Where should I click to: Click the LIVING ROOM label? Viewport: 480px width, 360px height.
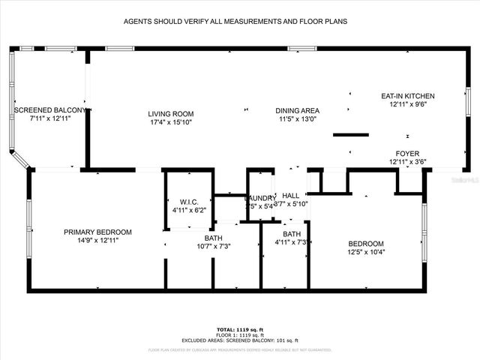pos(167,113)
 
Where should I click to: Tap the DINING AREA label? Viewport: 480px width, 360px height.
pos(298,110)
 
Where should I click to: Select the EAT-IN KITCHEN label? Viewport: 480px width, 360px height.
pos(407,96)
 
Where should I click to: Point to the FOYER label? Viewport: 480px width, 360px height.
pos(407,153)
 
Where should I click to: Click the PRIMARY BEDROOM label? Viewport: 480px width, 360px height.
pos(97,232)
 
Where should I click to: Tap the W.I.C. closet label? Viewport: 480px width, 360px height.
pos(188,202)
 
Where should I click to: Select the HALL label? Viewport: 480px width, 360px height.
pos(291,195)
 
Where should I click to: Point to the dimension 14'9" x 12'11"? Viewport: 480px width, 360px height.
pos(97,240)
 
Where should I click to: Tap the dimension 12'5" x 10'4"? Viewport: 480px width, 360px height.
pos(366,252)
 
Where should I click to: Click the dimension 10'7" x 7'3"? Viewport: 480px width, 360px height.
pos(214,246)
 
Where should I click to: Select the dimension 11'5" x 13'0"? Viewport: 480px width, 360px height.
pos(298,118)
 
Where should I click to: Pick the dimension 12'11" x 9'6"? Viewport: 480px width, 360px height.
pos(407,104)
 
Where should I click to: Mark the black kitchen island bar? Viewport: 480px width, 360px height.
pos(351,135)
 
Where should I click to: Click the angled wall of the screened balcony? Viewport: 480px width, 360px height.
pos(20,160)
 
